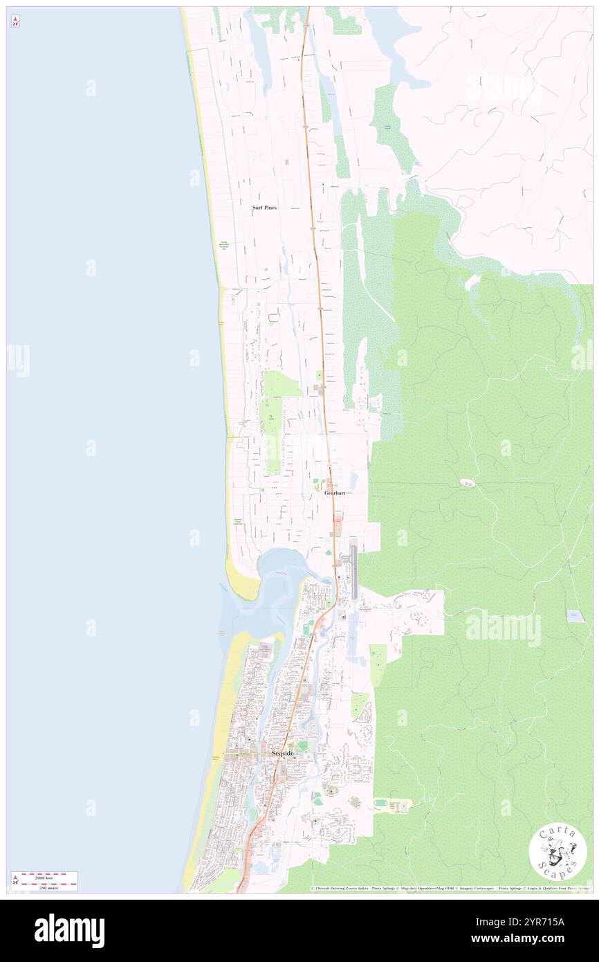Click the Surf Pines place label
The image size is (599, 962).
point(264,208)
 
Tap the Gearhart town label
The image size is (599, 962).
point(335,493)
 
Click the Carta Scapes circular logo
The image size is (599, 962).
point(557,853)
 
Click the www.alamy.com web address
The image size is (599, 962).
point(529,938)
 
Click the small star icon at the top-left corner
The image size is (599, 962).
point(15,22)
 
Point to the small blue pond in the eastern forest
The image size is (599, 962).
point(574,615)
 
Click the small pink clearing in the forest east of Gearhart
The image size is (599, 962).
point(467,482)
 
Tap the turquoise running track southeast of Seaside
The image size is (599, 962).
point(381,804)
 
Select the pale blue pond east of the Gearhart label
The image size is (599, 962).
point(354,480)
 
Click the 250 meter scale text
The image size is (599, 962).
point(49,887)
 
